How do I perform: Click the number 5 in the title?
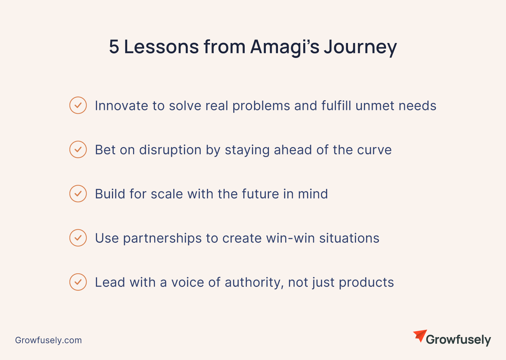(114, 47)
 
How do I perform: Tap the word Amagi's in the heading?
(285, 48)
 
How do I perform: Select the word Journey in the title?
(360, 48)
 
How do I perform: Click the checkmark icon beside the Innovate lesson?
(78, 105)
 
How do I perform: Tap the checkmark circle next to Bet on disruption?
(78, 149)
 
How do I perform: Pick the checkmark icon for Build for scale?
(78, 194)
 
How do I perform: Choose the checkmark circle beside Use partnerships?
(78, 238)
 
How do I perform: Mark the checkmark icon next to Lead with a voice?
(78, 282)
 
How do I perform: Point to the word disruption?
(170, 150)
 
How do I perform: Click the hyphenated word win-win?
(290, 238)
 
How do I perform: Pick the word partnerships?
(162, 238)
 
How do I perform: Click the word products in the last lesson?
(366, 283)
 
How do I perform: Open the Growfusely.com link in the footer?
(48, 340)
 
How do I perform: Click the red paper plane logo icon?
(420, 336)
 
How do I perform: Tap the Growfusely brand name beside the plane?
(459, 340)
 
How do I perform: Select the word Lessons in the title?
(161, 47)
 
